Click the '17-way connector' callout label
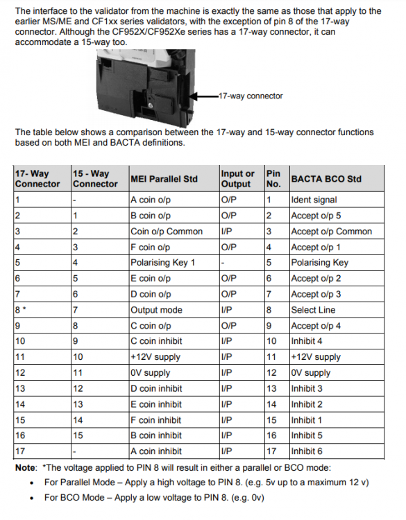click(251, 96)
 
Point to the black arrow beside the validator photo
click(204, 96)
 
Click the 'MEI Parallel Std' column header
click(164, 179)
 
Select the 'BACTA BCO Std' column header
click(326, 179)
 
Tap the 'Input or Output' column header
click(237, 179)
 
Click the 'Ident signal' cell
click(314, 200)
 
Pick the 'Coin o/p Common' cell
click(167, 232)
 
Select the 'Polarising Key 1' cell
click(162, 263)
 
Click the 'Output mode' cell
click(156, 310)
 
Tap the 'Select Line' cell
click(313, 310)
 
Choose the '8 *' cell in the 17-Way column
click(21, 310)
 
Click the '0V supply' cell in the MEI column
click(150, 373)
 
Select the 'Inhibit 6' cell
click(307, 451)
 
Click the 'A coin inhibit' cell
click(156, 451)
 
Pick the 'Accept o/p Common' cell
click(331, 232)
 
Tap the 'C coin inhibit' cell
click(156, 341)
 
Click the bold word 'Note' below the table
click(25, 468)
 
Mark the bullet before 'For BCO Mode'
click(32, 498)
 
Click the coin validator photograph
click(146, 88)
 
